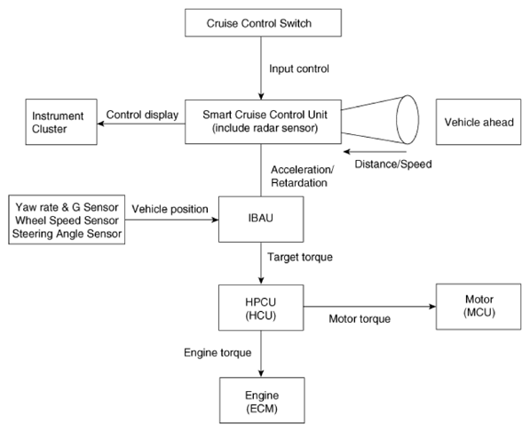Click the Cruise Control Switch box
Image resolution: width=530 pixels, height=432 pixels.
pos(263,23)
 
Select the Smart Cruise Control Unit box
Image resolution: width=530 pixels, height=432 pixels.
pos(263,122)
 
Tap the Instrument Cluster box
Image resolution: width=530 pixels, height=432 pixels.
pos(61,122)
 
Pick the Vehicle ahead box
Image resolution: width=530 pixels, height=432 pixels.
pos(479,122)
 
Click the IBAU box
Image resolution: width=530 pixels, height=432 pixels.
pos(261,219)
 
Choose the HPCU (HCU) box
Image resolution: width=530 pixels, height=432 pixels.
pos(261,308)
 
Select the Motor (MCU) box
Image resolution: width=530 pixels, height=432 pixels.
pos(479,307)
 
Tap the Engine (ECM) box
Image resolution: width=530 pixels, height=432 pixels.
pos(262,400)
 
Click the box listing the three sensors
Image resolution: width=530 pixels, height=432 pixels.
pos(67,220)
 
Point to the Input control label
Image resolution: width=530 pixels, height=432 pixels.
pos(299,68)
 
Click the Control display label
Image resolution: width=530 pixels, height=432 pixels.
pos(142,115)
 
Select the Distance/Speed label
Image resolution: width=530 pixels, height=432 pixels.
pos(393,164)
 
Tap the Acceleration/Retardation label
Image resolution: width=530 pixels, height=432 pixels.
pos(302,176)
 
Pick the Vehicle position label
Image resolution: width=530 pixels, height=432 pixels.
pos(170,209)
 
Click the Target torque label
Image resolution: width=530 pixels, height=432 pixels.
pos(300,257)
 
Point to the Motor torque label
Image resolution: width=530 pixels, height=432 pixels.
pos(360,318)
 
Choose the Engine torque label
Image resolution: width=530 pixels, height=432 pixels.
pos(218,353)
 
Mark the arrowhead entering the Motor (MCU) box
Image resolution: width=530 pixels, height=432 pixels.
pos(432,307)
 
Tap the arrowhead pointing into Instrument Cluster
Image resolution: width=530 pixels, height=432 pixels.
pos(100,124)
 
